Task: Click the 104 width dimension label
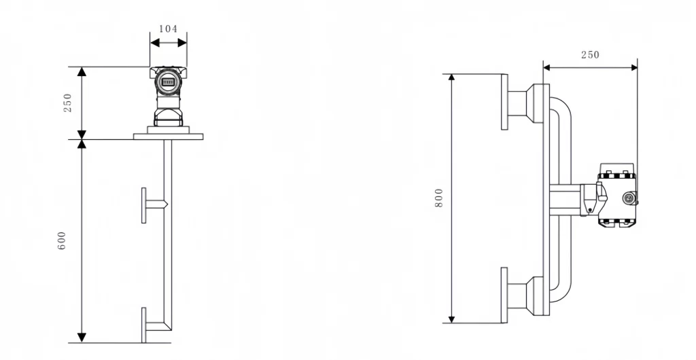point(168,29)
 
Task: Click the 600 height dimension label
point(62,240)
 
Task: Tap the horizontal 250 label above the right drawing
point(590,54)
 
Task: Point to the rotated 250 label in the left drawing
point(67,103)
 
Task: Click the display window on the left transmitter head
point(168,82)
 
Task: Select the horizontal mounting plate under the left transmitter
point(168,137)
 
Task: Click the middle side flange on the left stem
point(144,204)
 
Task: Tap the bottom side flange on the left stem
point(143,325)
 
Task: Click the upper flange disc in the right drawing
point(504,101)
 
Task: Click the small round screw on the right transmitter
point(629,198)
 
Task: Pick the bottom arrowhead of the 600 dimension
point(82,337)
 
